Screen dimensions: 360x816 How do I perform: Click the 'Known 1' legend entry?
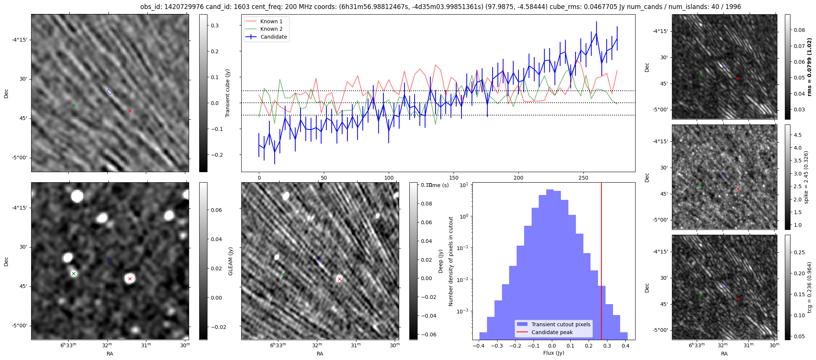click(271, 21)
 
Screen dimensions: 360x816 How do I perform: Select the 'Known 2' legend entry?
click(271, 29)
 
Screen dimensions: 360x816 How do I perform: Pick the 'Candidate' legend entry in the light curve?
click(274, 37)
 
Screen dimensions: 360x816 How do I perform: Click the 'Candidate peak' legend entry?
click(552, 332)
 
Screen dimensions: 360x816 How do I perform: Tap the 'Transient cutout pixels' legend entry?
click(561, 324)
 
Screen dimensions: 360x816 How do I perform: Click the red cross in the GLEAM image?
click(130, 279)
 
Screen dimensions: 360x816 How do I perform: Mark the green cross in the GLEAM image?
click(74, 273)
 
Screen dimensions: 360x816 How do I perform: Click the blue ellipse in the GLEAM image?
click(110, 259)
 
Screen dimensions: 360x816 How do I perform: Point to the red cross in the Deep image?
click(340, 279)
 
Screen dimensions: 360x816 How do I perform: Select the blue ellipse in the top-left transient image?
click(110, 91)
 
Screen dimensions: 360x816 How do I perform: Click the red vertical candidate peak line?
click(601, 262)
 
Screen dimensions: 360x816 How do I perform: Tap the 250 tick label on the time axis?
click(583, 178)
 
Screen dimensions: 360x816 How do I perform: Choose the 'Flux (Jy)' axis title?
click(553, 353)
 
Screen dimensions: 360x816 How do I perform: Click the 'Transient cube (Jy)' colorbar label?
click(228, 93)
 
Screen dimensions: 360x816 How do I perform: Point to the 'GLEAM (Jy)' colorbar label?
click(230, 261)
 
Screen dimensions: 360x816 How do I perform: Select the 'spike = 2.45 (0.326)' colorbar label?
click(806, 177)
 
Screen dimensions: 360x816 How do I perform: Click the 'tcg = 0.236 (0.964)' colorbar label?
click(810, 287)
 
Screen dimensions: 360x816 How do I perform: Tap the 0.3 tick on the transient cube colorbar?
click(215, 25)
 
